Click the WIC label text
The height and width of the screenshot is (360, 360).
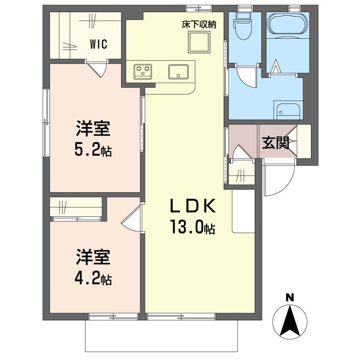click(x=99, y=44)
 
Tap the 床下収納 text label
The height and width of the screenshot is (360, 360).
click(x=199, y=25)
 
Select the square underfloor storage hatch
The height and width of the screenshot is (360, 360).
click(x=199, y=42)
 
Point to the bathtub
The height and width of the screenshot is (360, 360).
click(x=288, y=25)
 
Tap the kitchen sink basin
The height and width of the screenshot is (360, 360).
click(x=178, y=72)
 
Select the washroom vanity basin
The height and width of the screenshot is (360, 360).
click(x=288, y=112)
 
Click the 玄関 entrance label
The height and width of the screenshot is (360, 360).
click(x=275, y=143)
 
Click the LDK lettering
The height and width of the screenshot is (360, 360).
click(x=193, y=206)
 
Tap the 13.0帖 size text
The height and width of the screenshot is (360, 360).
click(x=193, y=227)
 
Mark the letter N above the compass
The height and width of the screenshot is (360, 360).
click(x=290, y=298)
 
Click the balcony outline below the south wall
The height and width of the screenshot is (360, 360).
click(x=162, y=351)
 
